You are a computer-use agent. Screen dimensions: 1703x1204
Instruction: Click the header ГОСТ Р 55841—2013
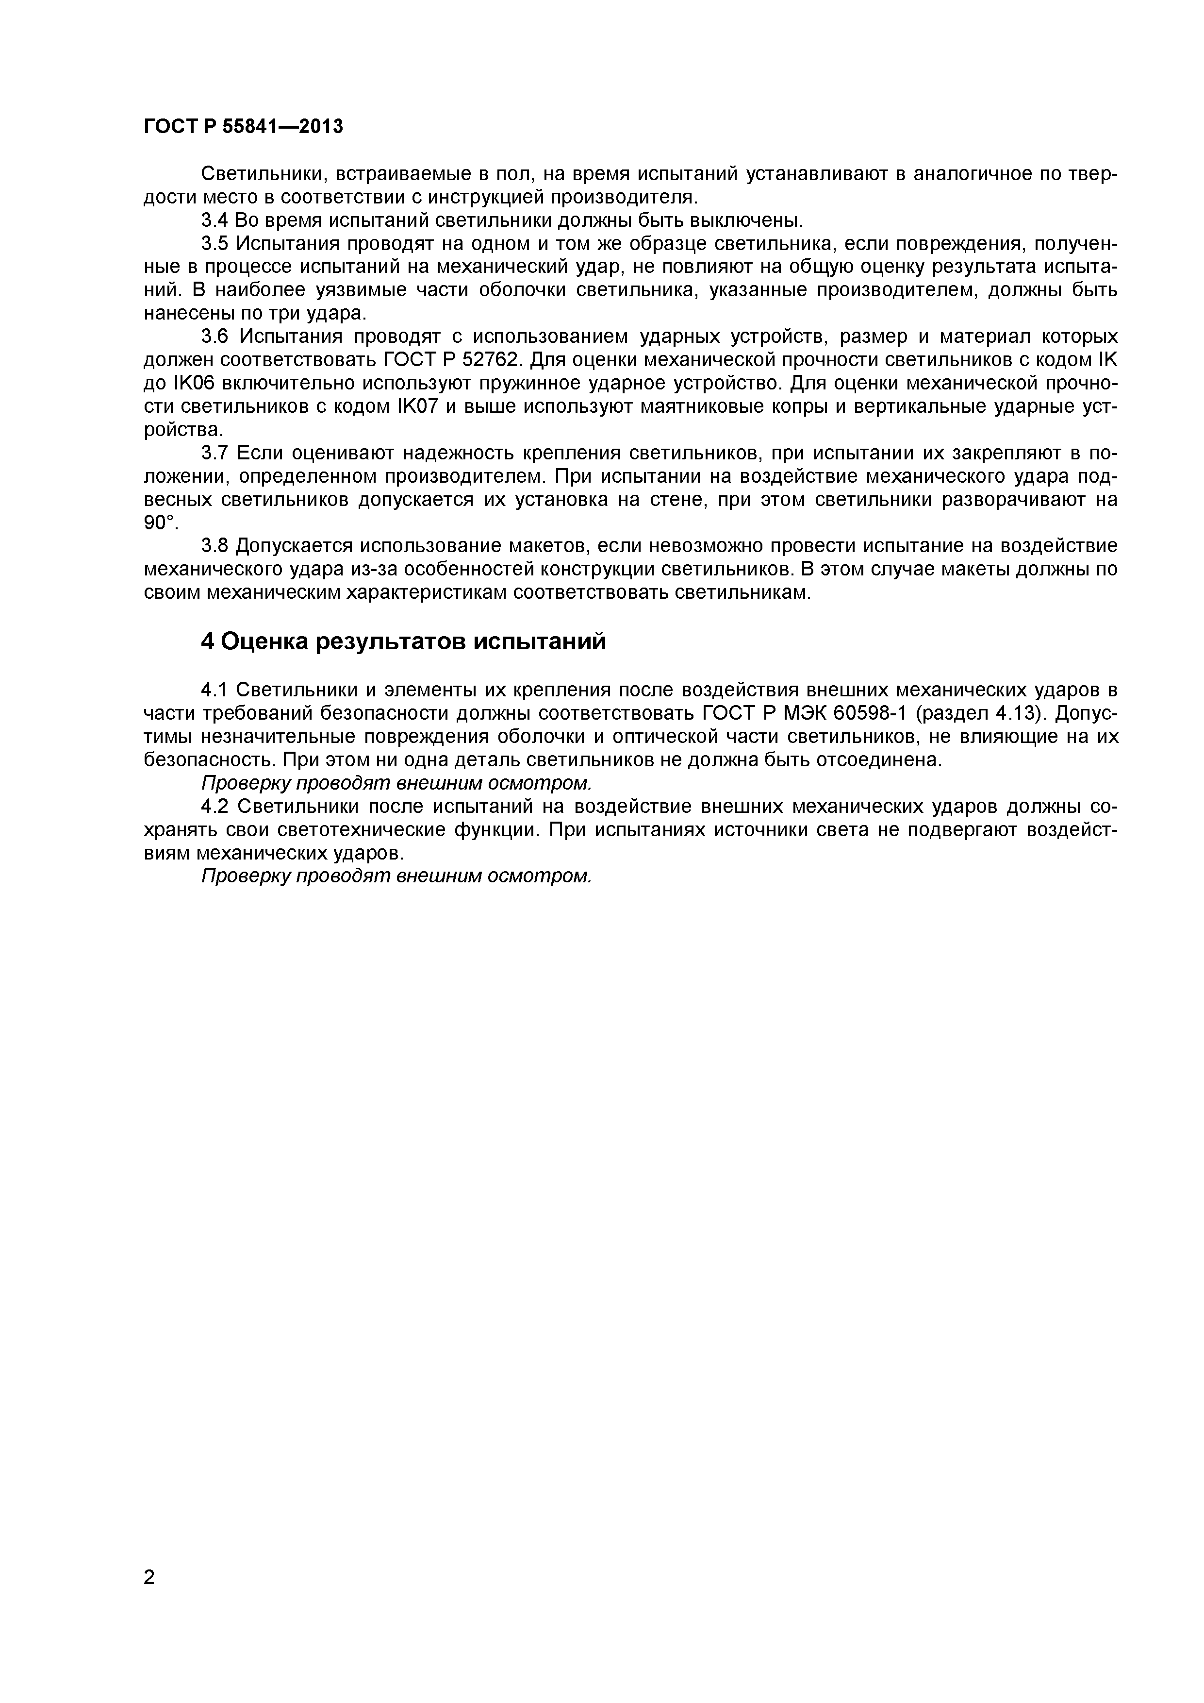coord(243,127)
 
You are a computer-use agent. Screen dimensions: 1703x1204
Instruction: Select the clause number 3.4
coord(215,220)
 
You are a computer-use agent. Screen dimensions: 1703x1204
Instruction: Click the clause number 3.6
coord(215,337)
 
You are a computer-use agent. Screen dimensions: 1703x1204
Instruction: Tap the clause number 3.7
coord(215,453)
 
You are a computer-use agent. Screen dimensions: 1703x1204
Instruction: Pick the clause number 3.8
coord(215,546)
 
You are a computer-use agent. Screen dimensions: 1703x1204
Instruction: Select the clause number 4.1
coord(215,690)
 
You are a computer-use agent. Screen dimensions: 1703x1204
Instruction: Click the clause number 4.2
coord(215,806)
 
